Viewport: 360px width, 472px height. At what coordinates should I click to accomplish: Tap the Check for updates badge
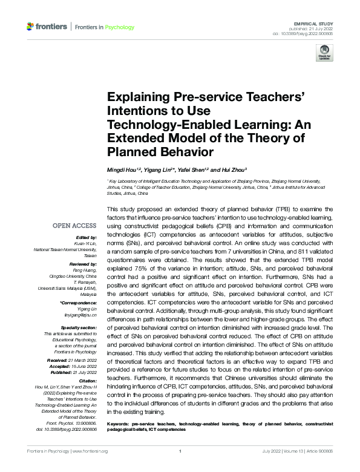coord(325,54)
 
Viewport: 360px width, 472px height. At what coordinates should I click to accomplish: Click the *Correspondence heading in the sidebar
coord(79,302)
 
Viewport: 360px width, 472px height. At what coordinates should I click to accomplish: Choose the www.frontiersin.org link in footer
coord(90,451)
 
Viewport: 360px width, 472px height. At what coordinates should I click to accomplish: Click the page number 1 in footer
coord(180,451)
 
